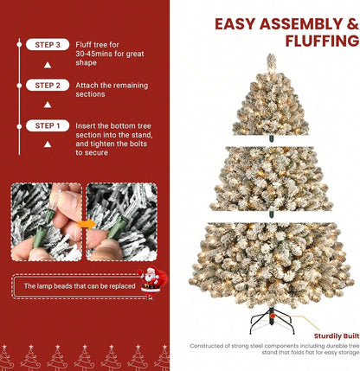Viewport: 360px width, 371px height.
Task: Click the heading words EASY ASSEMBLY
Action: click(286, 24)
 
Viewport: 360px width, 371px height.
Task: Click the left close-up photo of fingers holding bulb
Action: click(46, 221)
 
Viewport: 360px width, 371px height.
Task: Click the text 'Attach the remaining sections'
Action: click(110, 90)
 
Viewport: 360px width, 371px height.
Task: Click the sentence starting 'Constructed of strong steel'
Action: click(273, 349)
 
